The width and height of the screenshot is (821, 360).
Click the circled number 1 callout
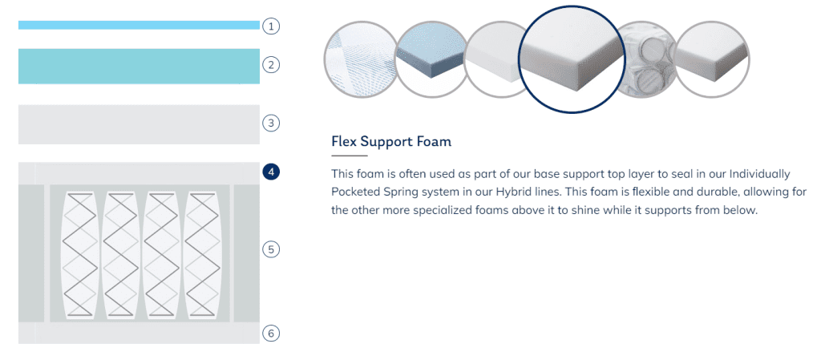click(271, 26)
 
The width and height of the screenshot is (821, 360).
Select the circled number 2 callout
click(271, 65)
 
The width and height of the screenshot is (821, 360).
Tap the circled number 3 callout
click(271, 123)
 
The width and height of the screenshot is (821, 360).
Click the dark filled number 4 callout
click(271, 172)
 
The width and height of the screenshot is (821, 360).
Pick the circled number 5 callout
click(271, 249)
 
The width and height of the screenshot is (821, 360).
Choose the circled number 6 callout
click(271, 333)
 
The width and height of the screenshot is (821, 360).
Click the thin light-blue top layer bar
click(139, 25)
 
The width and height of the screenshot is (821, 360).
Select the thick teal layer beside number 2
click(139, 66)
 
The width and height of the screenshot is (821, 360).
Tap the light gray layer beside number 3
click(139, 124)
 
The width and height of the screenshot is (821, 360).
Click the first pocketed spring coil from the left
click(79, 255)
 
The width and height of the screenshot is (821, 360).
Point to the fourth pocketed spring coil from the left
click(203, 255)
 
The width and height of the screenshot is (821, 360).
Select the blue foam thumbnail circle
click(431, 59)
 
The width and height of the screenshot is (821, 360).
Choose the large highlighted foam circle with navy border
click(571, 59)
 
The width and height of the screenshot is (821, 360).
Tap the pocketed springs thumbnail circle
click(643, 59)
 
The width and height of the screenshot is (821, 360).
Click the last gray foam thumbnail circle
click(712, 59)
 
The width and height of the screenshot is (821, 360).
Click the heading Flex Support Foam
click(391, 142)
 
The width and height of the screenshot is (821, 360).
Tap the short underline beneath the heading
click(350, 156)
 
